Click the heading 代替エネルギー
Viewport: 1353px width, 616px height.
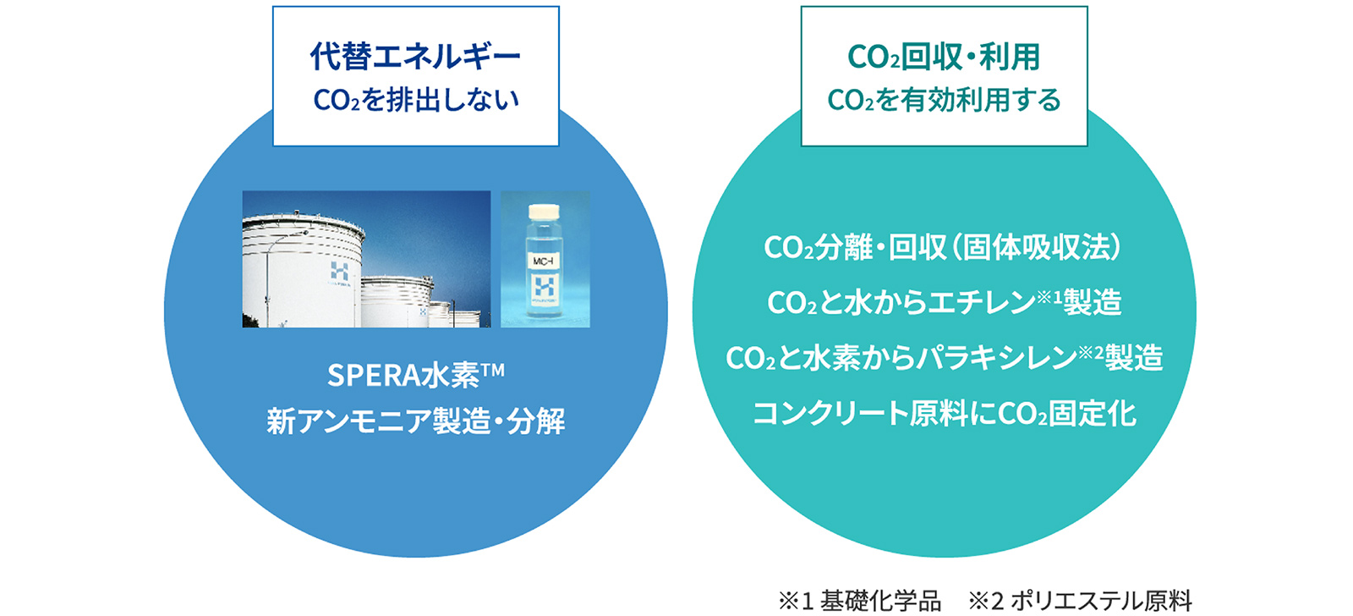(x=415, y=56)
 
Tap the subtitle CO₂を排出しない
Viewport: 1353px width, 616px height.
(x=415, y=100)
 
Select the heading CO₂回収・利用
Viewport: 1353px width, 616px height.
(x=944, y=57)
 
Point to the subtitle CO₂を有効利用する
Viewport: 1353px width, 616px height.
(x=944, y=100)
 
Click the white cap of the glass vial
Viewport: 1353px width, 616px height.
(x=545, y=212)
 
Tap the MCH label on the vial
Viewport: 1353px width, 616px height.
(x=543, y=261)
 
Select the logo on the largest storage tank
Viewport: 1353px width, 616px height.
(x=339, y=272)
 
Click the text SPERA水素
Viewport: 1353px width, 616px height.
(x=403, y=376)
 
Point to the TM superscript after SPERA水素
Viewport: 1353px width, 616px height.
(x=493, y=370)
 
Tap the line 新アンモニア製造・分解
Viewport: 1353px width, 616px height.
(x=415, y=421)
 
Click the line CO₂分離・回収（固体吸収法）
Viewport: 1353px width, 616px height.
(x=944, y=247)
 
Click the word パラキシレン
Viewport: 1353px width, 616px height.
(x=997, y=358)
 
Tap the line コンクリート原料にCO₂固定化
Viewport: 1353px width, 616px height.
(x=944, y=414)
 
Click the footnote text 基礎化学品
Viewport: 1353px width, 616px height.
(x=880, y=601)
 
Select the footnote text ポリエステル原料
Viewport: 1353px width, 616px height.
(x=1101, y=601)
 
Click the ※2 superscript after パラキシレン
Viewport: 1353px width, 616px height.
(x=1091, y=352)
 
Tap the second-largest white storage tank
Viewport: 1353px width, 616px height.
(x=397, y=301)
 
